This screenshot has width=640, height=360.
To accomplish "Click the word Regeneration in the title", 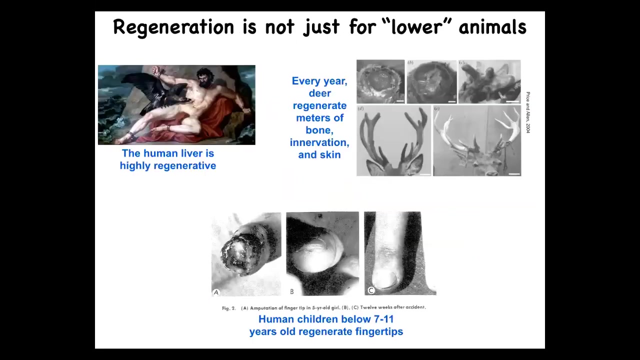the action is tap(173, 27).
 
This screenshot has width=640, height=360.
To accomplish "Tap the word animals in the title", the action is tap(492, 26).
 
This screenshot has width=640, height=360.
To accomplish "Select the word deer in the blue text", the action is tap(319, 93).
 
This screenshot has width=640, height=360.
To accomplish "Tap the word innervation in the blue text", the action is tap(319, 142).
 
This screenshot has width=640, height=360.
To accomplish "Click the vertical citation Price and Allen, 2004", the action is tap(528, 112).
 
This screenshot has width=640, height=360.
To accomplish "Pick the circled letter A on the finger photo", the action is tap(216, 292).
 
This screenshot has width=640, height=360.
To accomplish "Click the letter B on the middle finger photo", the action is tap(291, 291).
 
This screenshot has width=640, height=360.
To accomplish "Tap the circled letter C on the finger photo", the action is tap(371, 290).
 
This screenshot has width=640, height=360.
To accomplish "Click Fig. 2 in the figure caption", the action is tap(229, 308).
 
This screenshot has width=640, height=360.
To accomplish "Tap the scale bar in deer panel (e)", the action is tap(514, 173).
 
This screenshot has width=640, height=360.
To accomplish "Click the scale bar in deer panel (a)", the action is tap(400, 101).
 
